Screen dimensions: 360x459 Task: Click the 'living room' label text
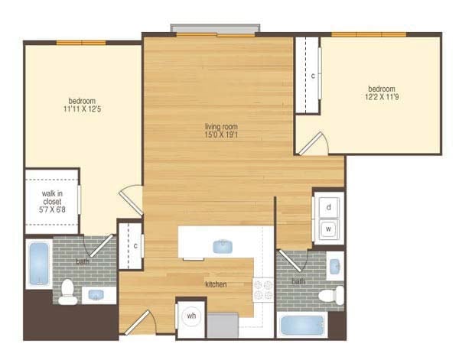coord(220,126)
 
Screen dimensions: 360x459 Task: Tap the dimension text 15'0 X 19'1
coord(220,135)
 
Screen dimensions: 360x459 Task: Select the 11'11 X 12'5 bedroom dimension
coord(82,110)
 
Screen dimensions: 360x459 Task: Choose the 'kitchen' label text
coord(216,284)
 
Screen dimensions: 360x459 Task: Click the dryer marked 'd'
coord(328,207)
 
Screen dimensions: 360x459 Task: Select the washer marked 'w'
coord(328,229)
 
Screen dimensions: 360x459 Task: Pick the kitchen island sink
coord(223,246)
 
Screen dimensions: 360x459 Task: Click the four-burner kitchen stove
coord(263,290)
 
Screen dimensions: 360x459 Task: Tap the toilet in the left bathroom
coord(68,290)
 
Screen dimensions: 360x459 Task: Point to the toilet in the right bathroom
coord(331,296)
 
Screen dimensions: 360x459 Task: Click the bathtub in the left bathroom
coord(40,265)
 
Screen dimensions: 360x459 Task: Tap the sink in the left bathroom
coord(96,294)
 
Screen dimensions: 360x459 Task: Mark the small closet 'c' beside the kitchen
coord(134,245)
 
